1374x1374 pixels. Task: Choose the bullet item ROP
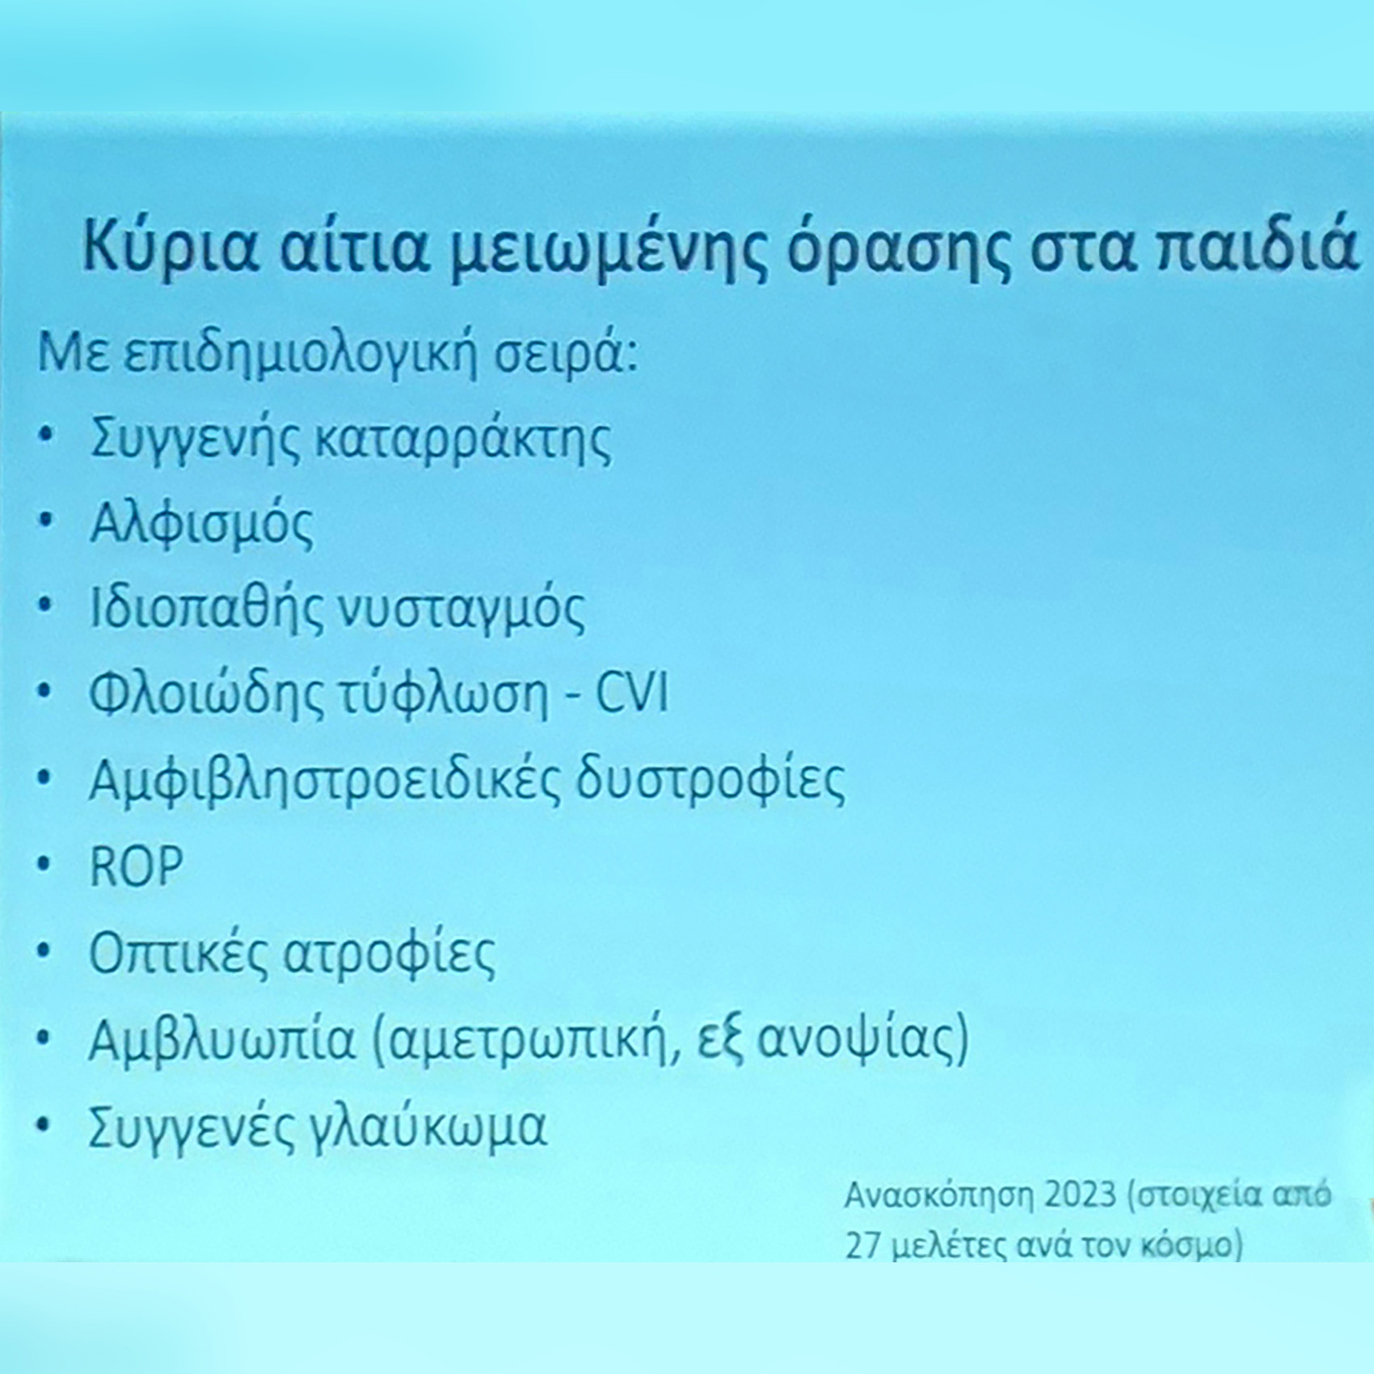pyautogui.click(x=137, y=867)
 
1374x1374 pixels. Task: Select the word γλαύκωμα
pyautogui.click(x=429, y=1128)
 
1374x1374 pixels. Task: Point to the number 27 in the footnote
pyautogui.click(x=862, y=1245)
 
